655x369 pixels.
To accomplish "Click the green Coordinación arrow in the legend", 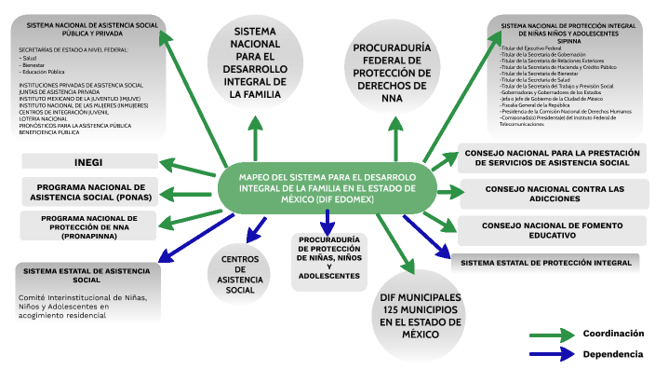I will click(x=550, y=335).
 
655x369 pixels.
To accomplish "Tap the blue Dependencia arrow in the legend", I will click(x=550, y=354).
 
